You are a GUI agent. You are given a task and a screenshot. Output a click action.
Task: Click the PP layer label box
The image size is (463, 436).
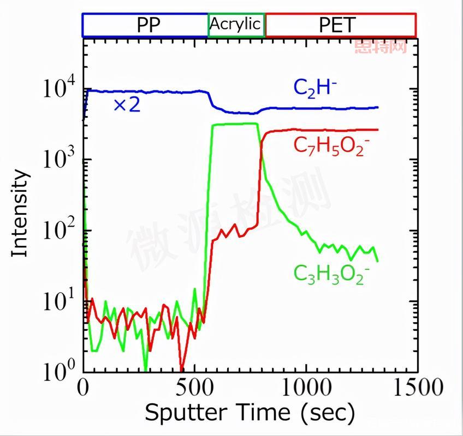(145, 25)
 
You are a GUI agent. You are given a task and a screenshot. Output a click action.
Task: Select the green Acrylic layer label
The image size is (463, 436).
(236, 25)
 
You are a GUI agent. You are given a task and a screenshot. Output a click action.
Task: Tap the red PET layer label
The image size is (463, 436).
(341, 25)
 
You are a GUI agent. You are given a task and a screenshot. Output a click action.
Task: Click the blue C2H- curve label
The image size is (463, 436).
(312, 87)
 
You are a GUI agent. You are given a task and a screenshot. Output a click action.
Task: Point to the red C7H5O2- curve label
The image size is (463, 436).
(328, 146)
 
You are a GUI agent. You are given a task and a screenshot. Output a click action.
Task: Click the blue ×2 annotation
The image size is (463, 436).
(127, 105)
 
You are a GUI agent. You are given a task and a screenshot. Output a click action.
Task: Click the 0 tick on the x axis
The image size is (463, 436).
(84, 389)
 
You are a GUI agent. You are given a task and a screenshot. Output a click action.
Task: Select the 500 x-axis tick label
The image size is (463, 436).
(194, 389)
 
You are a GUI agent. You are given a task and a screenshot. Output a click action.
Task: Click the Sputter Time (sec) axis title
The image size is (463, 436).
(250, 413)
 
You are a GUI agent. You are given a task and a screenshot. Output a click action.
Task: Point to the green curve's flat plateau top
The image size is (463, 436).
(235, 124)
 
